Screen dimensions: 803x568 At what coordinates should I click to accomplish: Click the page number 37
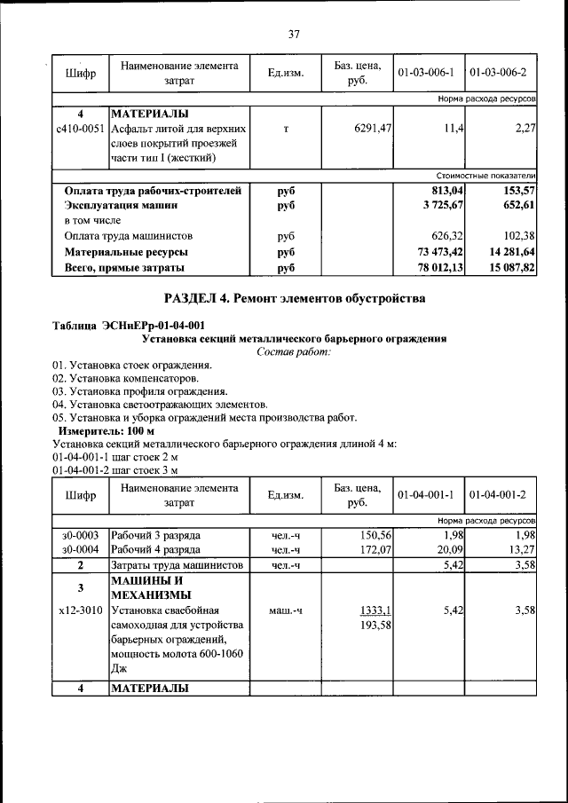294,35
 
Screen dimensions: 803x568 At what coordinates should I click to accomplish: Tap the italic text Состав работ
294,352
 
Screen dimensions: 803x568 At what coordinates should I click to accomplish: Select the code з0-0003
80,535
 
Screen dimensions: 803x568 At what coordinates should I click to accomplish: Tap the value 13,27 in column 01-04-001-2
519,550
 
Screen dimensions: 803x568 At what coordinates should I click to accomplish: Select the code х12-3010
80,610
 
